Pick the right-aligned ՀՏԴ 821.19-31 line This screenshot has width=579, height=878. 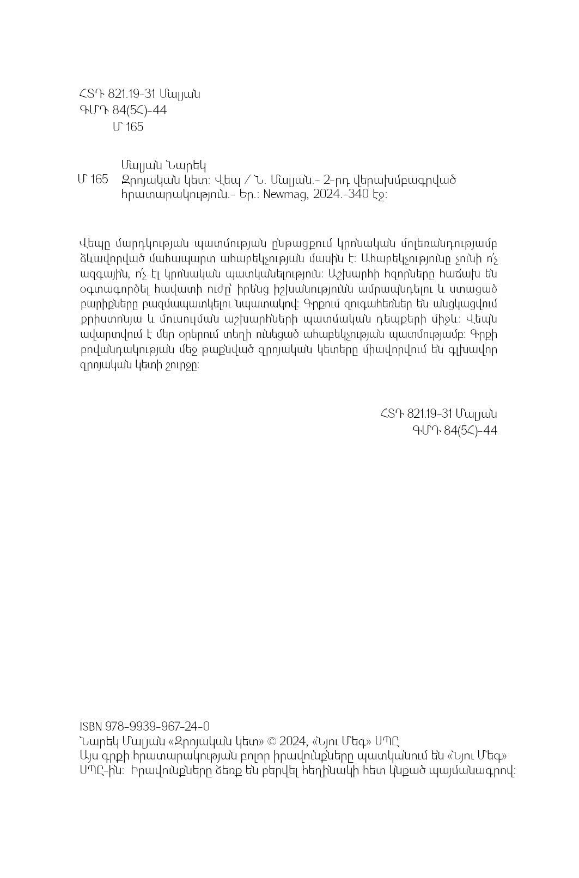coord(438,413)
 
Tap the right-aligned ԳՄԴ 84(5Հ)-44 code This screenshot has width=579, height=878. coord(455,430)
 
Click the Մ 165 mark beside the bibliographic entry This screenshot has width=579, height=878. coord(93,180)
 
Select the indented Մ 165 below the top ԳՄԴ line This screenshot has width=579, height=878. coord(128,127)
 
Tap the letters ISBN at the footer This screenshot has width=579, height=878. coord(89,726)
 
